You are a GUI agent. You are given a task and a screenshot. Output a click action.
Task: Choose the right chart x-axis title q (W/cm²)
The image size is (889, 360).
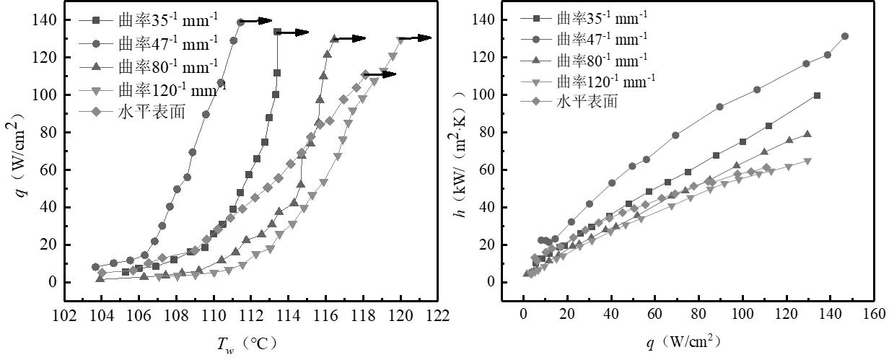tap(683, 342)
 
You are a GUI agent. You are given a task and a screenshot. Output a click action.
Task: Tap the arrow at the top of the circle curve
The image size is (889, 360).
tap(255, 21)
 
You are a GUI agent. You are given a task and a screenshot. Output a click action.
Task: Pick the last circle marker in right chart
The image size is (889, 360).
tap(845, 36)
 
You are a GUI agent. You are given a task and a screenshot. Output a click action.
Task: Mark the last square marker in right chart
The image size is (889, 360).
tap(817, 96)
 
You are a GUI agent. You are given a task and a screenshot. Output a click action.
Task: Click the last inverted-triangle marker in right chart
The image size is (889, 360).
tap(807, 162)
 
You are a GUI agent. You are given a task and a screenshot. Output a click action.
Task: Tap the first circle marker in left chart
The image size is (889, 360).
tap(95, 267)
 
